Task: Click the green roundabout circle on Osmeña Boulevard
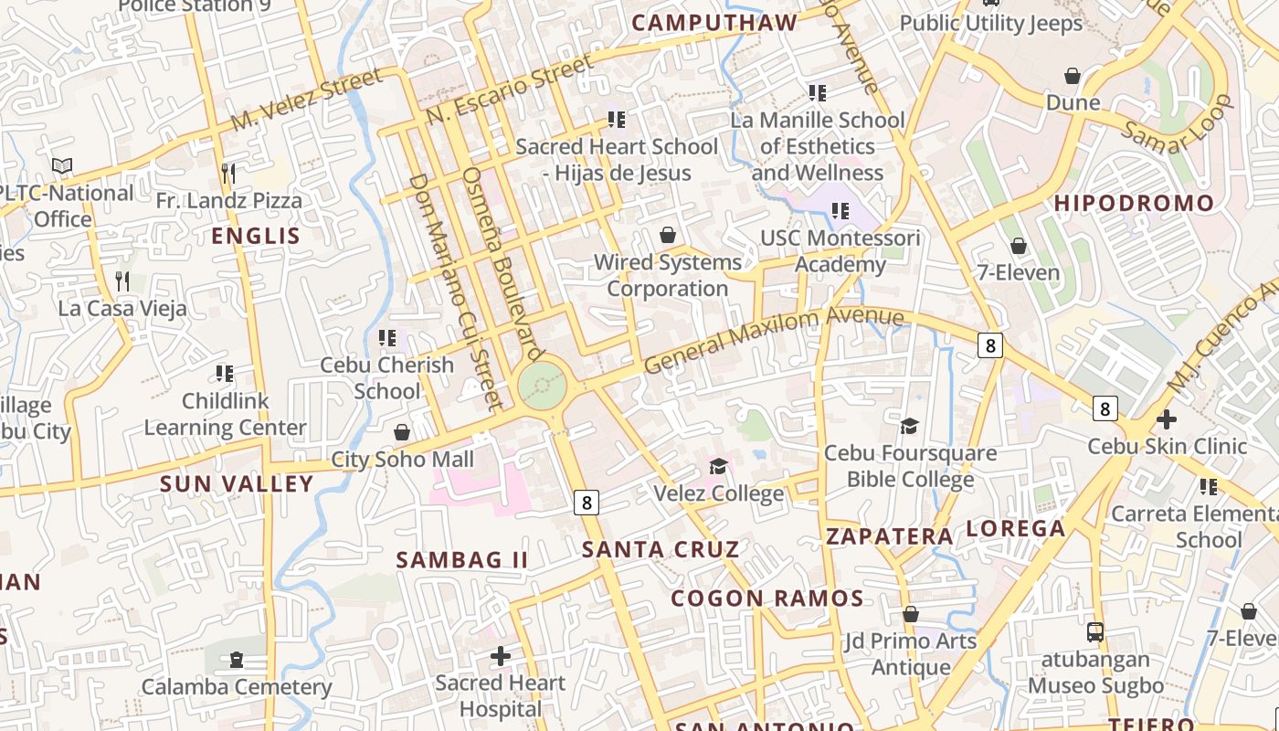click(x=542, y=387)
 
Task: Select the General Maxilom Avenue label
click(x=773, y=339)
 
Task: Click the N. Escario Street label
click(x=509, y=90)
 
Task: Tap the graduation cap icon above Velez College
click(x=718, y=467)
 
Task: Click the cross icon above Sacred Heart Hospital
click(x=500, y=655)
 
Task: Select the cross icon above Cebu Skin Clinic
click(x=1166, y=419)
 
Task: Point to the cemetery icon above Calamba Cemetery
click(x=237, y=659)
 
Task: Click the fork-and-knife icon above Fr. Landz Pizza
click(x=228, y=173)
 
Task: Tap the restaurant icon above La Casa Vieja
click(x=122, y=281)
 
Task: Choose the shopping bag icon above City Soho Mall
click(x=402, y=431)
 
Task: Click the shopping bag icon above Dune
click(x=1073, y=75)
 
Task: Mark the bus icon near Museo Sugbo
click(x=1094, y=631)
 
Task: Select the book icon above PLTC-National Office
click(x=62, y=165)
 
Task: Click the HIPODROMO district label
click(x=1134, y=204)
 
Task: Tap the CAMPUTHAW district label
click(x=714, y=23)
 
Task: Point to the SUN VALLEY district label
click(x=237, y=484)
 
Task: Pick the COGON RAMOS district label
click(x=767, y=599)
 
